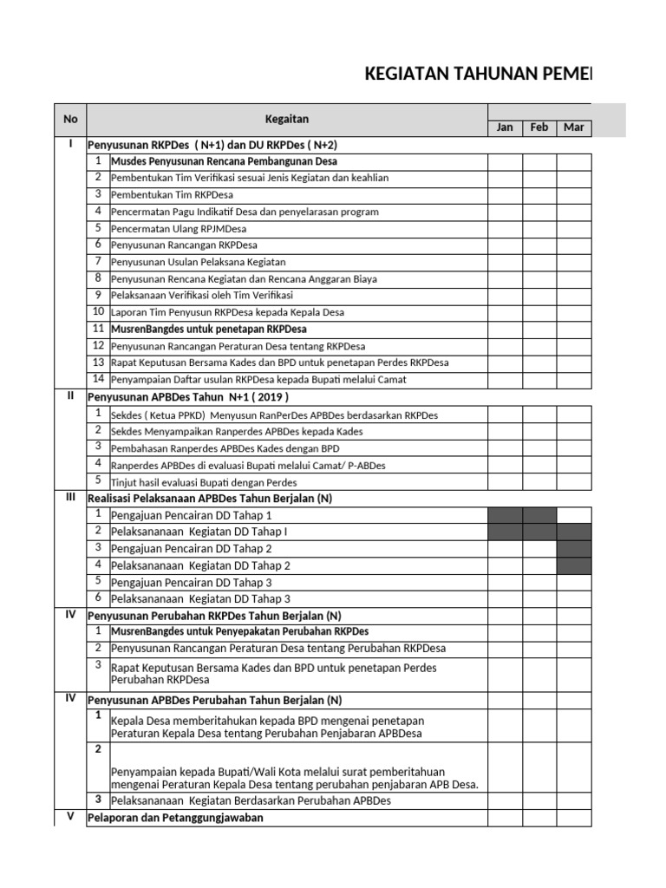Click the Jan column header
(505, 127)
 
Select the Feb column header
(539, 127)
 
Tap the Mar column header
(574, 127)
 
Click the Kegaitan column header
(286, 119)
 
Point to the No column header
(70, 119)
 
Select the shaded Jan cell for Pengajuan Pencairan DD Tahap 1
(505, 515)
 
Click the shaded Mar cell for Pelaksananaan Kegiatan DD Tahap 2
(574, 565)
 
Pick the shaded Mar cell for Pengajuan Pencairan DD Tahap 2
(574, 549)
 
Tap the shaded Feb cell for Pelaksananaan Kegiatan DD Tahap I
(539, 532)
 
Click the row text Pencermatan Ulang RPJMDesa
(179, 229)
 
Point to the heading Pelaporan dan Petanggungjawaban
(176, 818)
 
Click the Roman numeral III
(70, 498)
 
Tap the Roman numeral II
(70, 396)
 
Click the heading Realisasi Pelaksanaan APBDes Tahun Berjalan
(210, 499)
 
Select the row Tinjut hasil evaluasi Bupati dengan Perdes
(204, 482)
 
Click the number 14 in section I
(99, 379)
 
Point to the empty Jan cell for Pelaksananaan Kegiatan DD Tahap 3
(505, 599)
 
